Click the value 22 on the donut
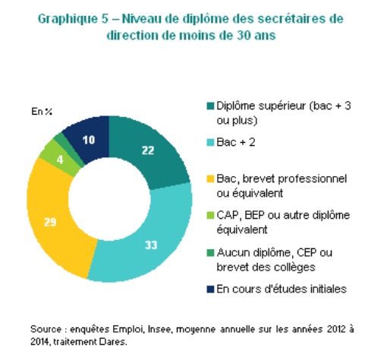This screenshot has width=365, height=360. coord(148,150)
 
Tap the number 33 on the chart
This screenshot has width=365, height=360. coord(151,245)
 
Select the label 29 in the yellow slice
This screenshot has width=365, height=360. coord(50,222)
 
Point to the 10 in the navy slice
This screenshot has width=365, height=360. coord(89,140)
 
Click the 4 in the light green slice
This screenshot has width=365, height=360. coord(60,159)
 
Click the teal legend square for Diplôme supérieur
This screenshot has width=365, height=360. coord(210,106)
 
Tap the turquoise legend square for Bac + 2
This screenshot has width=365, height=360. coord(210,142)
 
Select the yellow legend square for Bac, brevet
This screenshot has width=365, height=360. coord(210,178)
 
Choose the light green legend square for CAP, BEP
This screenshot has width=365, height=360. coord(210,215)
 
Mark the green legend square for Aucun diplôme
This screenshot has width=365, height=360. coord(210,253)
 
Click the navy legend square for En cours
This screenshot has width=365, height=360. coord(210,289)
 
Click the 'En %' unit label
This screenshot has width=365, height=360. coord(42,112)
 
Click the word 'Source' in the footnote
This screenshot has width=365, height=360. coord(46,330)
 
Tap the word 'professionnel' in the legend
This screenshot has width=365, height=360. coord(312,179)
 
